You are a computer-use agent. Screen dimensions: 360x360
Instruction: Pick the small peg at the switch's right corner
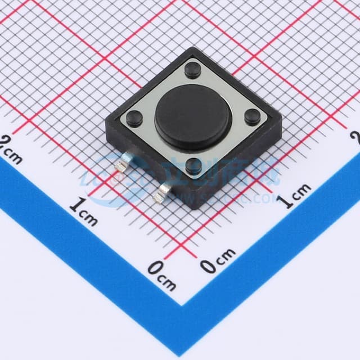252,117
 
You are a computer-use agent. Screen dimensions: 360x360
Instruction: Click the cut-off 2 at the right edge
355,137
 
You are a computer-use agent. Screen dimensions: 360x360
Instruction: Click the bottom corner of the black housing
196,207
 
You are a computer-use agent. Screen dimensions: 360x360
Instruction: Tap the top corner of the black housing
194,48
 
